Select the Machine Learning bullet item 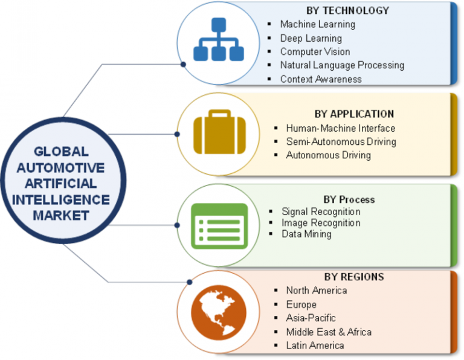point(317,25)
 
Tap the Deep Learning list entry point(311,39)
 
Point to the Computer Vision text point(315,52)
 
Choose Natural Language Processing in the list point(342,65)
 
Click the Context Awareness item point(321,79)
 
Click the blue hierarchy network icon point(217,40)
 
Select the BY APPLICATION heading point(354,114)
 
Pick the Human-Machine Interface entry point(341,128)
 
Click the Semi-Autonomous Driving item point(341,142)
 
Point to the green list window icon point(219,225)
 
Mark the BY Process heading point(349,199)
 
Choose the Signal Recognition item point(321,212)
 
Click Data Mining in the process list point(306,234)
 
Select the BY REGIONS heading point(353,277)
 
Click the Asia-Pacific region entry point(311,318)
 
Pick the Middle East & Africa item point(329,332)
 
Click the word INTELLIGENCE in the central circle point(62,199)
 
